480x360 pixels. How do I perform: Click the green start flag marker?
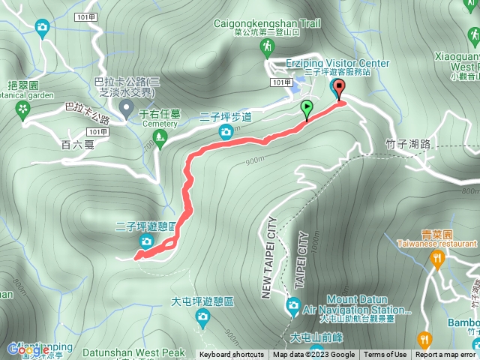point(307,110)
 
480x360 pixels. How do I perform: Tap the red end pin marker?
point(338,89)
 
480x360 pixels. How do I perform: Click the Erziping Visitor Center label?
point(338,64)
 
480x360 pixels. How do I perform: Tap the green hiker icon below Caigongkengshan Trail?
point(267,49)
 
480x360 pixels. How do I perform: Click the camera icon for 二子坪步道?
point(226,133)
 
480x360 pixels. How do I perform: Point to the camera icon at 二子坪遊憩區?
point(146,241)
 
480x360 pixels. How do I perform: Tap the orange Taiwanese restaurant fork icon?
point(438,259)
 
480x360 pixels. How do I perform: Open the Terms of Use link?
point(385,355)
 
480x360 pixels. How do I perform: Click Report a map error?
point(445,355)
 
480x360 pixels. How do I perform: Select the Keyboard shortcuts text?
point(232,355)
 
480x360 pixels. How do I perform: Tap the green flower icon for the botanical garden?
point(23,111)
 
